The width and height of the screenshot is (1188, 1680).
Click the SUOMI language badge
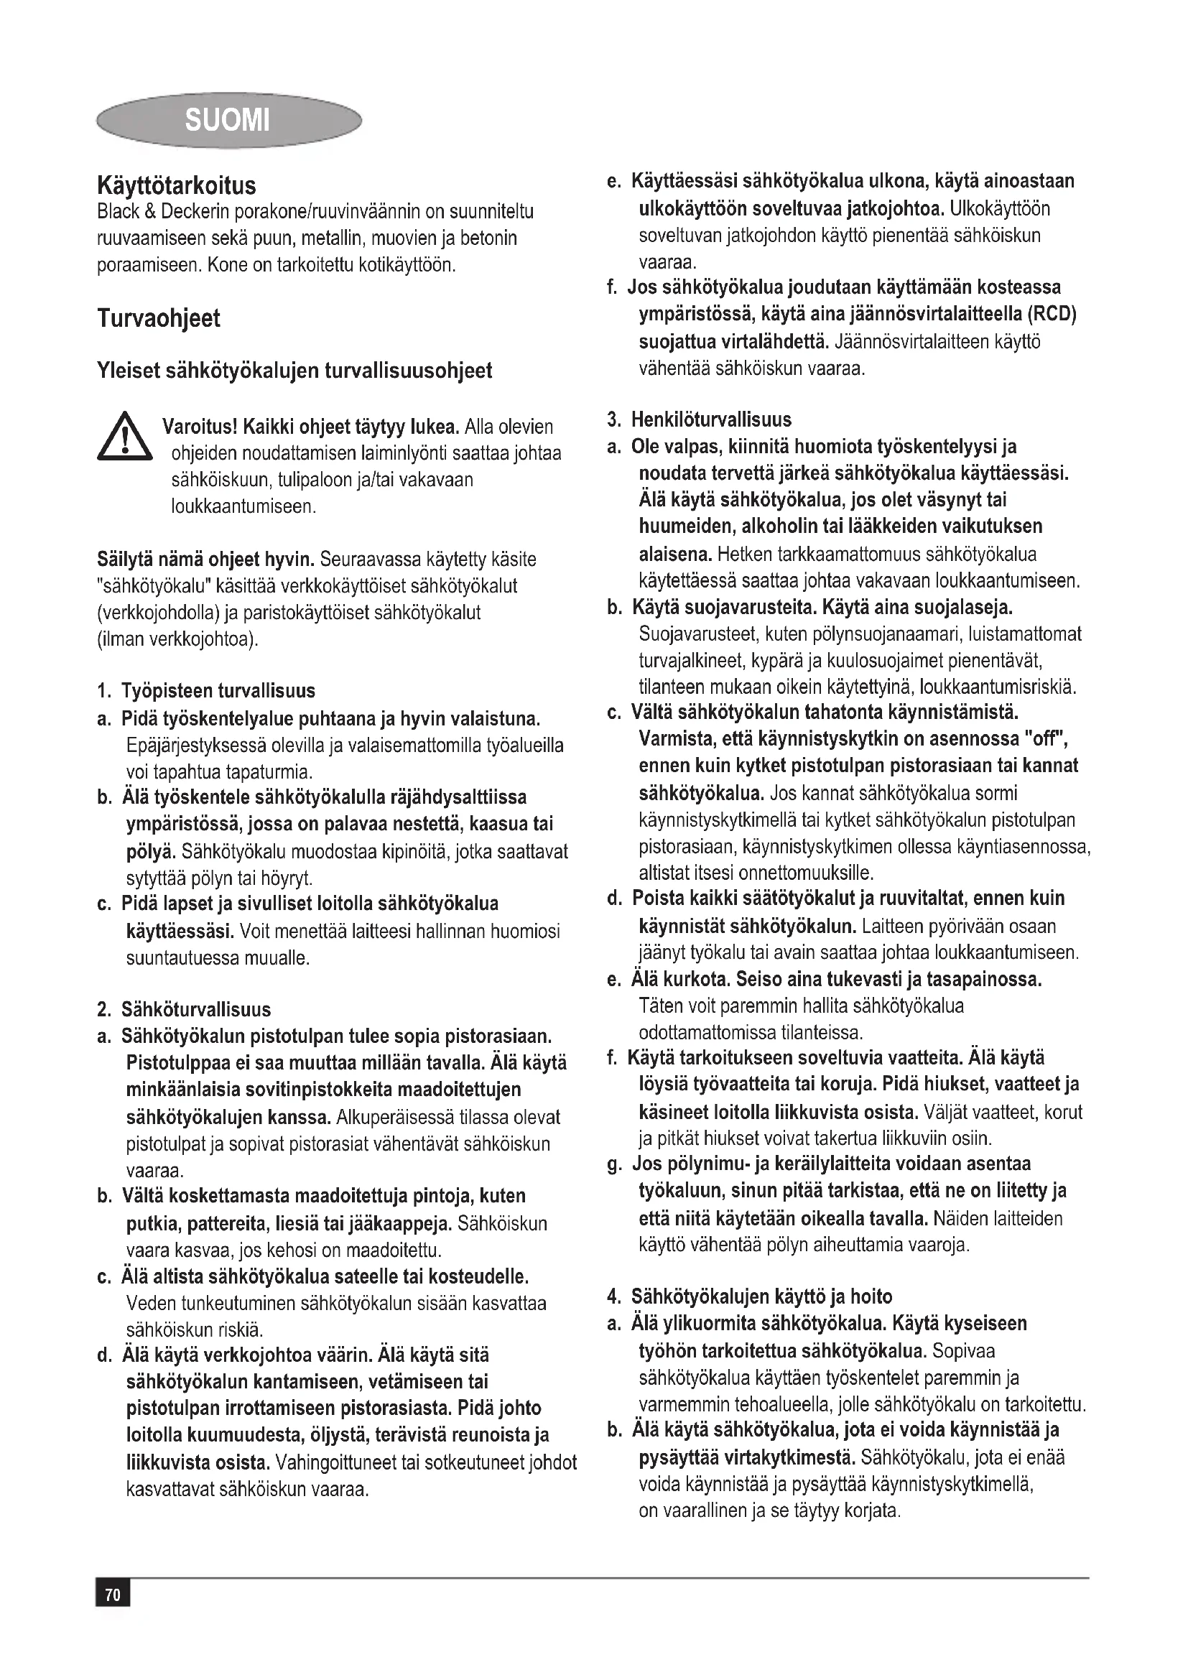tap(228, 119)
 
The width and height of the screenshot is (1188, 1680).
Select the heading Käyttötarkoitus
tap(176, 186)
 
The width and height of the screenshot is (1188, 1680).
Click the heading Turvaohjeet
tap(158, 319)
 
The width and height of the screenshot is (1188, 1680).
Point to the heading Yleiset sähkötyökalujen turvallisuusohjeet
tap(294, 371)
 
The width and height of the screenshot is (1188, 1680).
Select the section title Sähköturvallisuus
tap(195, 1010)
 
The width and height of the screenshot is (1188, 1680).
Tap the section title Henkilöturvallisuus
tap(711, 420)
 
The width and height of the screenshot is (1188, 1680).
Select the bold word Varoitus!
tap(199, 427)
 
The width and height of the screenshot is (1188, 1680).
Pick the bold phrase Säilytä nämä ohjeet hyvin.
tap(205, 560)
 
